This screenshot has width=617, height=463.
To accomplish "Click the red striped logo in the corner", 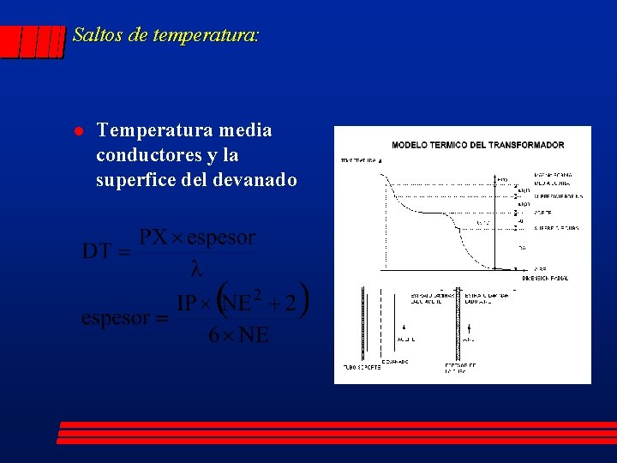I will pos(33,41).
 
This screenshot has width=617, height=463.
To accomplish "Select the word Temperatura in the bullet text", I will pos(143,130).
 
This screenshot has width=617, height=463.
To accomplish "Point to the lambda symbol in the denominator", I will pos(195,268).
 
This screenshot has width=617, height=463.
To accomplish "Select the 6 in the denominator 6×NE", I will pos(213,335).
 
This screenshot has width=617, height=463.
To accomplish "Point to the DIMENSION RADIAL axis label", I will pos(546,277).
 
